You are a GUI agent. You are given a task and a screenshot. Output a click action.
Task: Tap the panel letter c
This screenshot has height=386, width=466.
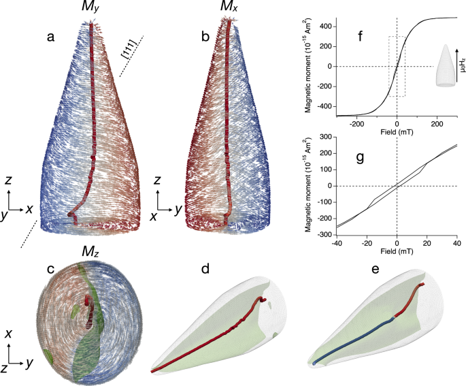pyautogui.click(x=50, y=268)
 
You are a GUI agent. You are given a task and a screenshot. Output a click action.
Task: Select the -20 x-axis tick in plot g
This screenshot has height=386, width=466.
pyautogui.click(x=365, y=243)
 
